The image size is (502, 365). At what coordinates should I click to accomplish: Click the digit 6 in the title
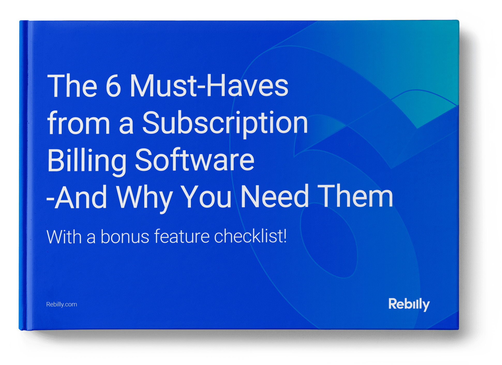click(114, 86)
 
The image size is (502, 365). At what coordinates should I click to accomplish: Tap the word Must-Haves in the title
click(209, 85)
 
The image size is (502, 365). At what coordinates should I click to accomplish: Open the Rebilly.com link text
click(62, 304)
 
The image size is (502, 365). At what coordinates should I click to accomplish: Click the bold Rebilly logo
click(409, 304)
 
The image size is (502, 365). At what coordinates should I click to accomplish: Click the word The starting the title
click(72, 86)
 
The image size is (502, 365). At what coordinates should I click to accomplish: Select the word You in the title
click(206, 196)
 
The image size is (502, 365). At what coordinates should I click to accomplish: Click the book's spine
click(23, 175)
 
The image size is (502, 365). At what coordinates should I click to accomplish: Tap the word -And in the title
click(77, 196)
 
